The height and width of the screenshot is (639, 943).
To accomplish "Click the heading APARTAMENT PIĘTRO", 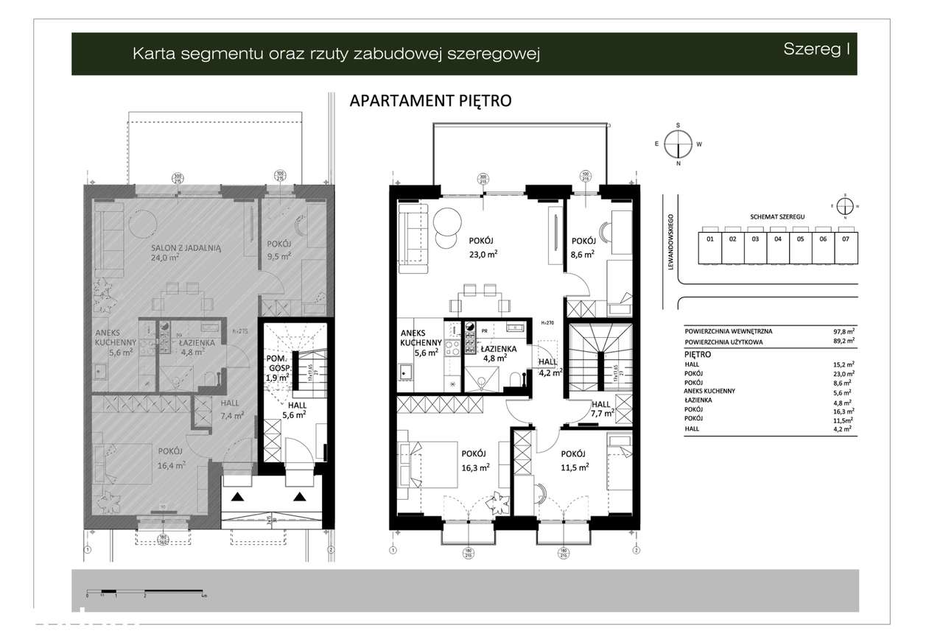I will coord(430,101).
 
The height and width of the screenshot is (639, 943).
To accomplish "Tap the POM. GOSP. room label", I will coord(278,363).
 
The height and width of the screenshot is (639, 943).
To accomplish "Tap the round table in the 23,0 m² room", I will coord(448,220).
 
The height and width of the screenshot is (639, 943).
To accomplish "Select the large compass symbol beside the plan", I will coord(678,144).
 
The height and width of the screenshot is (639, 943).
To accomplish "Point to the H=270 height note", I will coord(547,323).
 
